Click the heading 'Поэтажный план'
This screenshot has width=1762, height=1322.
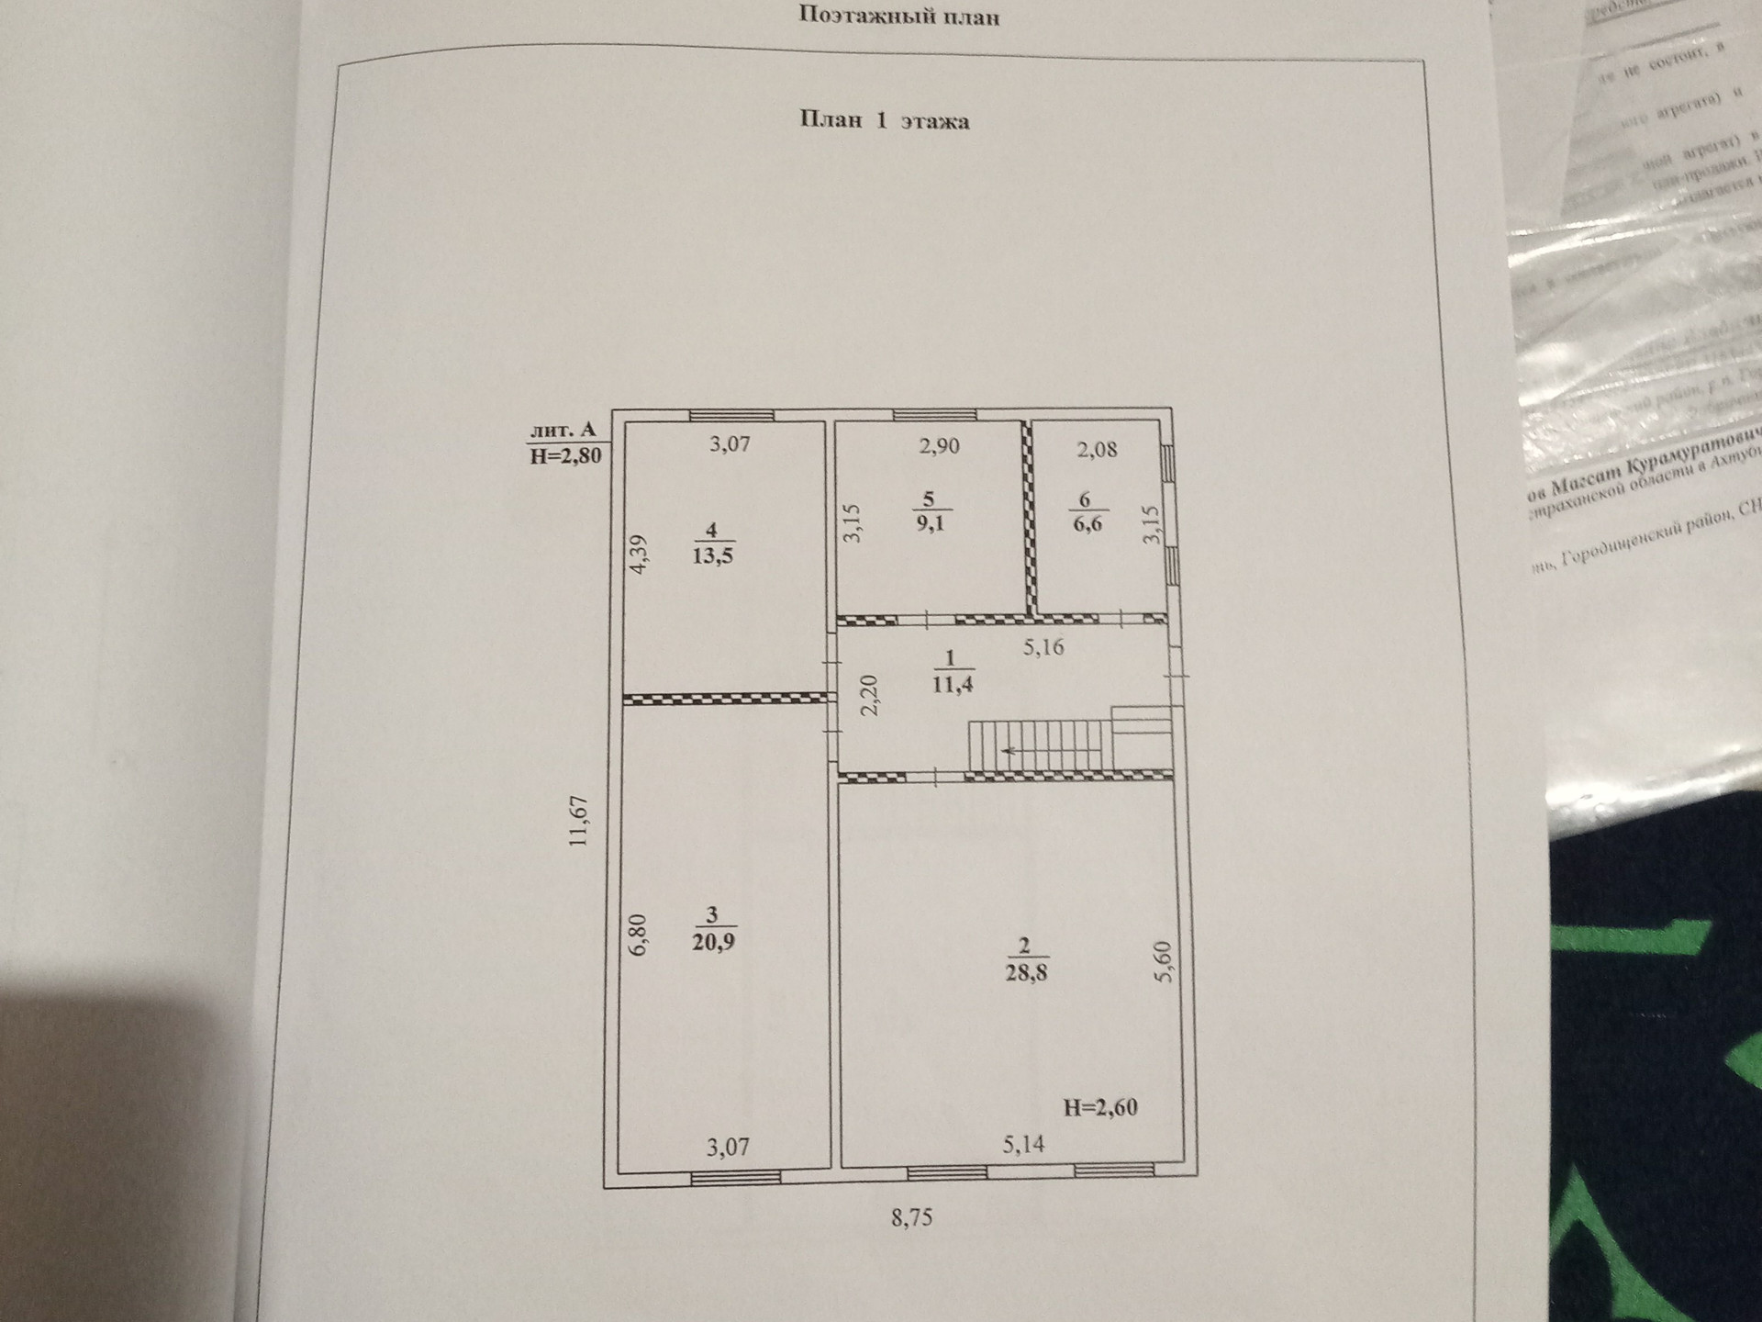pos(898,16)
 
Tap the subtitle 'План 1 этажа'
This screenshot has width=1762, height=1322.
pos(885,120)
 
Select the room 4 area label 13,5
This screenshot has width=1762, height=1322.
pos(713,555)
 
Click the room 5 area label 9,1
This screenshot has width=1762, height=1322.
pos(930,524)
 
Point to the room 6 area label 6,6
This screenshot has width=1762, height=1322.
pos(1087,524)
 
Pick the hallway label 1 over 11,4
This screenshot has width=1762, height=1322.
pos(952,671)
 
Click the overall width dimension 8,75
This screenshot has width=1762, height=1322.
pos(911,1218)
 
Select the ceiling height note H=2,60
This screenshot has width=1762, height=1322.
pos(1100,1107)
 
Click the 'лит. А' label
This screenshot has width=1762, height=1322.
pos(563,430)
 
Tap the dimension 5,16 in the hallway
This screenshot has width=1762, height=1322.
pos(1043,647)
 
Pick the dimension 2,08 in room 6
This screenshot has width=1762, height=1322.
pos(1097,450)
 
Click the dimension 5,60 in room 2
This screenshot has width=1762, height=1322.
pos(1164,961)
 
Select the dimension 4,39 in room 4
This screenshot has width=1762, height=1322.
pos(639,555)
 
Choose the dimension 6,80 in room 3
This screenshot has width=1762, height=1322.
pos(638,935)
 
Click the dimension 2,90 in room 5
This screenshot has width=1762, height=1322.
pos(939,447)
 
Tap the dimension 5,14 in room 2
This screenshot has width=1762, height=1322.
pos(1023,1144)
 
